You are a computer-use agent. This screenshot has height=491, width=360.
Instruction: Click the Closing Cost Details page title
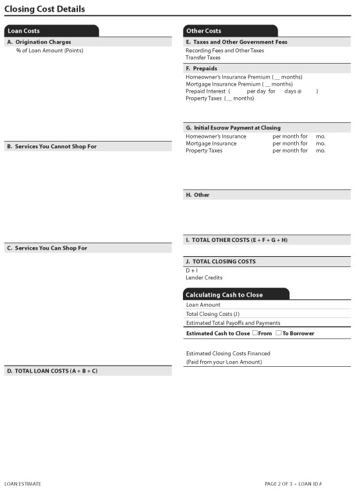click(44, 9)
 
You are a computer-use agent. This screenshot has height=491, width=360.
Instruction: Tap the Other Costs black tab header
click(204, 31)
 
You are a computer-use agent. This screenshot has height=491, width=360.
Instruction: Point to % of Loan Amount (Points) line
click(50, 50)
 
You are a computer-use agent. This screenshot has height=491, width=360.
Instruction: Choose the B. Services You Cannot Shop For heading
click(52, 147)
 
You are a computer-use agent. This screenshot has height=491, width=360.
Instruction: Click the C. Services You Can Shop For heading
click(46, 248)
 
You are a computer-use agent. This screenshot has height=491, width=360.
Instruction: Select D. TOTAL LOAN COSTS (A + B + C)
click(52, 371)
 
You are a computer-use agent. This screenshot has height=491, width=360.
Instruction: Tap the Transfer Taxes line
click(203, 57)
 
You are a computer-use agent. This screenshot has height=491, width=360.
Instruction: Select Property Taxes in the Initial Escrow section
click(204, 151)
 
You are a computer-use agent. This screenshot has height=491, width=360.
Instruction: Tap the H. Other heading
click(197, 195)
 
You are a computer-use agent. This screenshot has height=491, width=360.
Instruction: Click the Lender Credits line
click(204, 278)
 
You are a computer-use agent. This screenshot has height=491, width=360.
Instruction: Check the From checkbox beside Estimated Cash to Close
click(255, 333)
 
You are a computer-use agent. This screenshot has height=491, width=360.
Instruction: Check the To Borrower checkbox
click(278, 333)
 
